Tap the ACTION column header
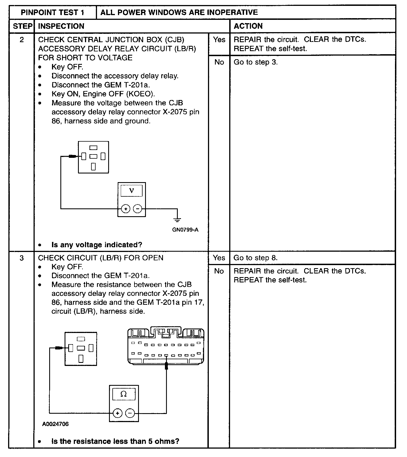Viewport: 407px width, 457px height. (x=248, y=26)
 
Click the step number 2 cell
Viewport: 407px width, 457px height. (x=22, y=40)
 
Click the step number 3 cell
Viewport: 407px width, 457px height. (x=22, y=258)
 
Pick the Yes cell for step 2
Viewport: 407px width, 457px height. (x=219, y=40)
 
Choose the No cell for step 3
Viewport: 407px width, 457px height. (x=219, y=271)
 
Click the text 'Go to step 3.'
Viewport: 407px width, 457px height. (x=255, y=62)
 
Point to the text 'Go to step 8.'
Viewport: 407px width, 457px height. (x=255, y=258)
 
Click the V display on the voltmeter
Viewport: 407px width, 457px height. (x=131, y=191)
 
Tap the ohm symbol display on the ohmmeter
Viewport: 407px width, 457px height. (x=124, y=394)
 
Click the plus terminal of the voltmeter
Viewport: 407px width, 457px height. (x=126, y=209)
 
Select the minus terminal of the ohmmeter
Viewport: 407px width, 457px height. (x=130, y=413)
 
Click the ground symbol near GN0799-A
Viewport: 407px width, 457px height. (x=177, y=220)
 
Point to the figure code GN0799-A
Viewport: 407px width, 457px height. (x=185, y=230)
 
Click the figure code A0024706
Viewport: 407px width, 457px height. (x=55, y=424)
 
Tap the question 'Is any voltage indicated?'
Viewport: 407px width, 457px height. (x=97, y=245)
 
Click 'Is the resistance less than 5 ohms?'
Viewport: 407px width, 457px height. (x=115, y=441)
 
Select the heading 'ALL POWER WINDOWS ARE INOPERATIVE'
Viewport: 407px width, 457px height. (x=179, y=12)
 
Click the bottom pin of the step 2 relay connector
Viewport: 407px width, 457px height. (x=93, y=166)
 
